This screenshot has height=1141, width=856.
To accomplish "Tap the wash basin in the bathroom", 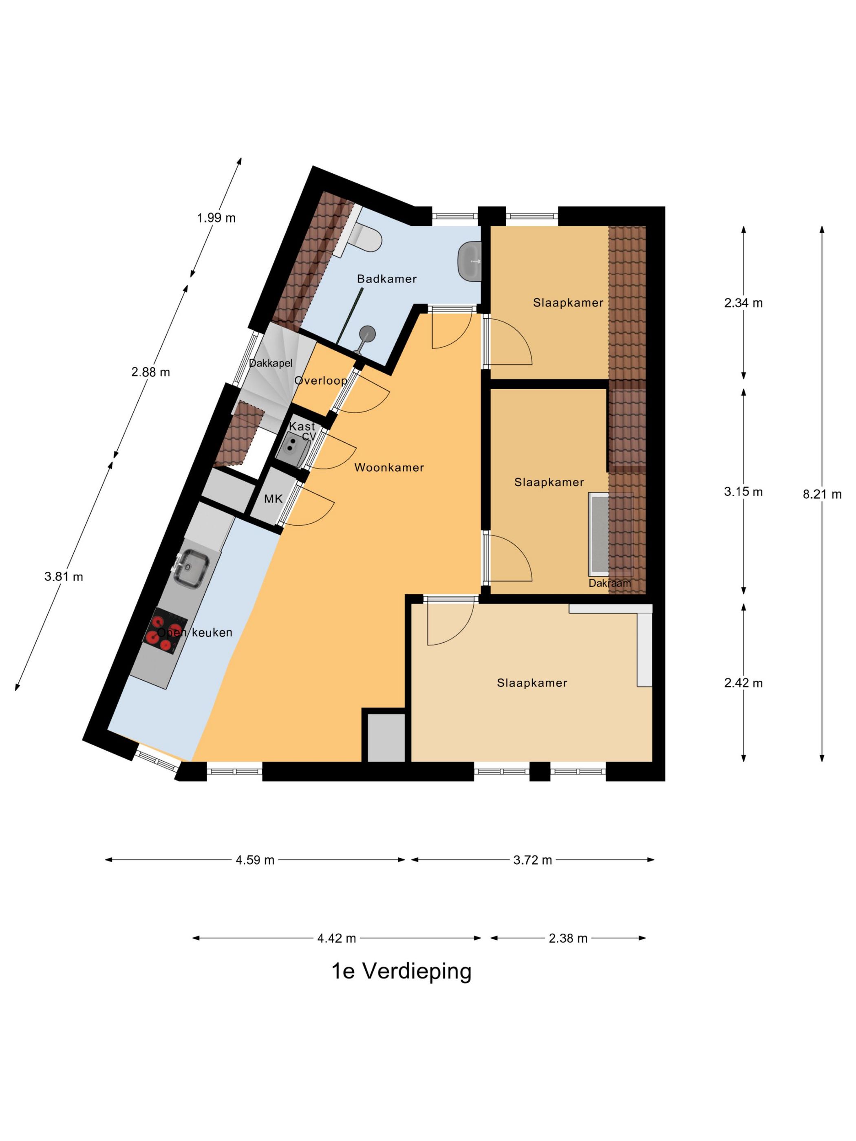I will (x=469, y=261).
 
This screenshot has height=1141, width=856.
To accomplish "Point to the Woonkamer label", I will (x=388, y=467).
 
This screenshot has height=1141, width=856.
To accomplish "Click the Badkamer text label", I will (x=386, y=279).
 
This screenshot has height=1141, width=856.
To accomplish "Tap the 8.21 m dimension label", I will (x=821, y=494).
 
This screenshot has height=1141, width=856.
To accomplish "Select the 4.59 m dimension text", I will (x=255, y=860).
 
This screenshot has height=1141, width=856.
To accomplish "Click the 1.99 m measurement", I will (x=216, y=218).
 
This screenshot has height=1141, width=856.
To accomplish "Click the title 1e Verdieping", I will (x=401, y=971).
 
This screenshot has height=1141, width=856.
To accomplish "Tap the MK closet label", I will (x=273, y=499).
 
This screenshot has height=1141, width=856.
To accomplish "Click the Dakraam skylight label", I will (x=609, y=583).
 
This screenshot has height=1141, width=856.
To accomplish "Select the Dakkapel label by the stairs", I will (x=270, y=363).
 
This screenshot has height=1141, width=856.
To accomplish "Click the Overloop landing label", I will (x=320, y=380).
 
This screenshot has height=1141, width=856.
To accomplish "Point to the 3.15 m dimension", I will (x=743, y=491).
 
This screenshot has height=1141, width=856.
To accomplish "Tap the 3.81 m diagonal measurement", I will (x=64, y=577).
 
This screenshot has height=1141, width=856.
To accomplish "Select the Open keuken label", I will (x=194, y=632).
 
